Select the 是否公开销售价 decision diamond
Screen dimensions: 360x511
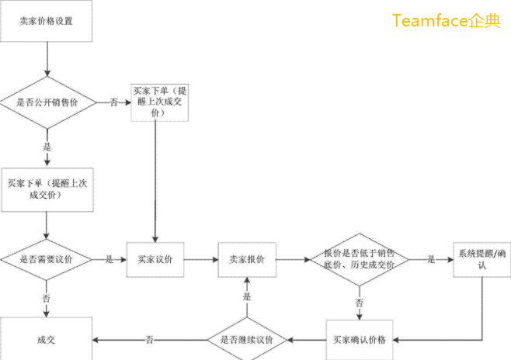tap(47, 102)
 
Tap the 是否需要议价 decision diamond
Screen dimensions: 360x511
tap(47, 260)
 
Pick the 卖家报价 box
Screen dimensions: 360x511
tap(247, 260)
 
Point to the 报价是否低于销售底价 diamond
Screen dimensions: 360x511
tap(359, 260)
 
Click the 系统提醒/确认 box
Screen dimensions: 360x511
tap(481, 260)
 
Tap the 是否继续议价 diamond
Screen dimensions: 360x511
tap(247, 340)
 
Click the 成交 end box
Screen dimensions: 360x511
tap(47, 340)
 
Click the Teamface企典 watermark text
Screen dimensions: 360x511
tap(447, 21)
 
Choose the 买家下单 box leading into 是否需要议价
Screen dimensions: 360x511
tap(47, 189)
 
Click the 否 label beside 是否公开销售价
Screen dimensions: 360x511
tap(114, 102)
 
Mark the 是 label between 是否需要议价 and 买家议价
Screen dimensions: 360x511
tap(109, 260)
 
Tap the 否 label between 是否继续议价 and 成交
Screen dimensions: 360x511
tap(149, 340)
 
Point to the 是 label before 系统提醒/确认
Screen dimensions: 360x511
tap(431, 260)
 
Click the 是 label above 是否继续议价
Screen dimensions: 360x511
tap(247, 298)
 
